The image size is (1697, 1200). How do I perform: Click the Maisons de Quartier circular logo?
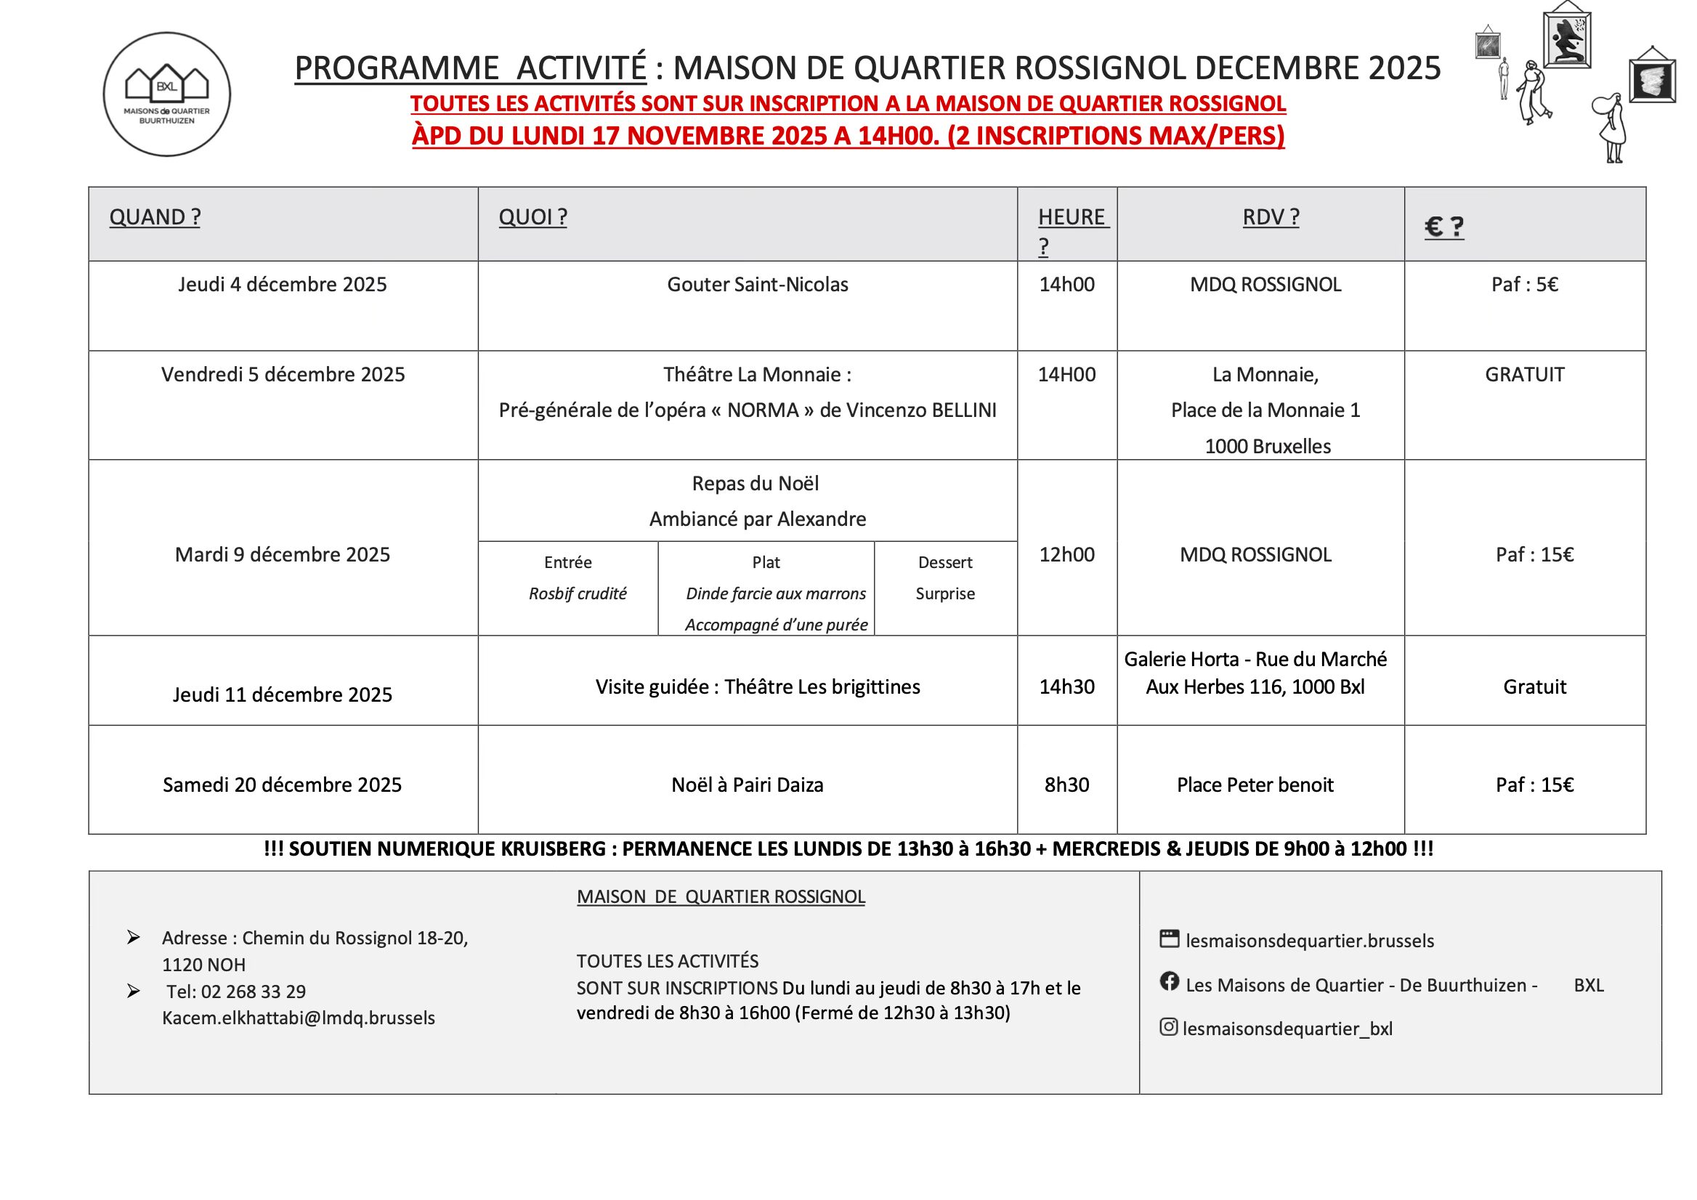pyautogui.click(x=166, y=94)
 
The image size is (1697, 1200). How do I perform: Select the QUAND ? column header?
pyautogui.click(x=155, y=217)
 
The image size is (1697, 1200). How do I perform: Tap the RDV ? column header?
pyautogui.click(x=1271, y=217)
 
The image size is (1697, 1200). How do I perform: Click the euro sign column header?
pyautogui.click(x=1443, y=227)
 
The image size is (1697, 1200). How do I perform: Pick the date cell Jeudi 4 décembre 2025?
pyautogui.click(x=283, y=285)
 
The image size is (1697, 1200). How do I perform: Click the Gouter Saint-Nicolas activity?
pyautogui.click(x=757, y=285)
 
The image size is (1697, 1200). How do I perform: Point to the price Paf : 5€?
pyautogui.click(x=1524, y=285)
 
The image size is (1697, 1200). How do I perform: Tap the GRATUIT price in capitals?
pyautogui.click(x=1524, y=375)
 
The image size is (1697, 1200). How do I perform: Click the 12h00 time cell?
pyautogui.click(x=1066, y=555)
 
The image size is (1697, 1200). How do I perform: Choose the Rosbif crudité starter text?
pyautogui.click(x=578, y=594)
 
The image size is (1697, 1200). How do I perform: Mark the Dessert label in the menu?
pyautogui.click(x=944, y=563)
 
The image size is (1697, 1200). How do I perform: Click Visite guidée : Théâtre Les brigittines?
pyautogui.click(x=757, y=687)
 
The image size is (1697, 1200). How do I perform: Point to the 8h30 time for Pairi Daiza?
pyautogui.click(x=1066, y=785)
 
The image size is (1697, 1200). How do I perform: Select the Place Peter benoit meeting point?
pyautogui.click(x=1255, y=785)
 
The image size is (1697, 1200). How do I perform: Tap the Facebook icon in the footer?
pyautogui.click(x=1170, y=981)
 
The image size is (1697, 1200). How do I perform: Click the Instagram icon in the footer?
pyautogui.click(x=1169, y=1026)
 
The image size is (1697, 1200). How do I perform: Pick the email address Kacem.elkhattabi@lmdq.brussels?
pyautogui.click(x=299, y=1018)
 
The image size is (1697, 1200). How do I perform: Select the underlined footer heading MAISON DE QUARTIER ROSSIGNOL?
pyautogui.click(x=721, y=897)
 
